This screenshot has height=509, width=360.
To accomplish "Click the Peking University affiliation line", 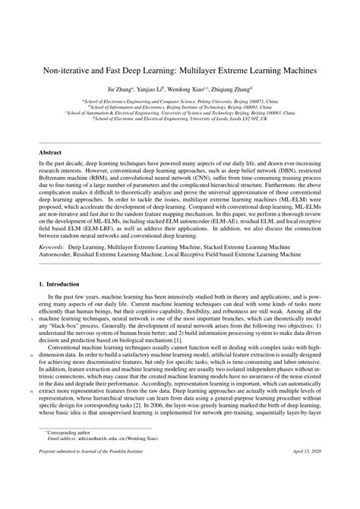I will coord(180,100).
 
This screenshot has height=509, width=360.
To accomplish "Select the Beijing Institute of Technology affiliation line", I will coord(180,106).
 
